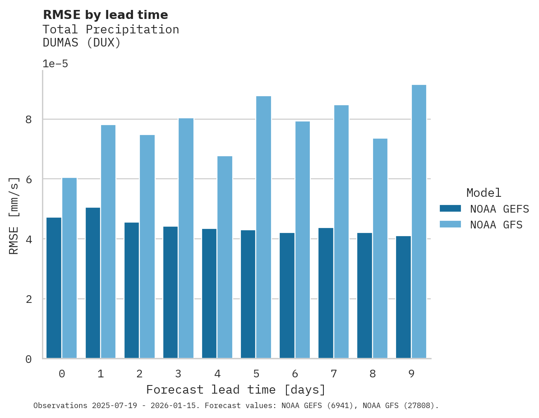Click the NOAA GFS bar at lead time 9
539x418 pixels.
click(x=419, y=221)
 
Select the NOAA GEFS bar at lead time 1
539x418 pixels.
click(x=92, y=283)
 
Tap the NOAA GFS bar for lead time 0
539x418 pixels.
click(x=69, y=268)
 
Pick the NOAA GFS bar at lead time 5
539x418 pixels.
click(x=263, y=227)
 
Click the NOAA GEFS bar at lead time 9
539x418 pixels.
click(x=403, y=297)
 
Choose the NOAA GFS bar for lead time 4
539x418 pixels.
click(x=225, y=257)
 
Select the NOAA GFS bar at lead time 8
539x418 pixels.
click(x=380, y=248)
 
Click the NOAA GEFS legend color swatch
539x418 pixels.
click(x=450, y=208)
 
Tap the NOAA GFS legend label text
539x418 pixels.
click(x=496, y=225)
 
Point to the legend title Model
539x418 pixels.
click(x=484, y=193)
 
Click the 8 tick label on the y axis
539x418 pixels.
click(x=28, y=120)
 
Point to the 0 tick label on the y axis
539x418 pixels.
click(x=28, y=359)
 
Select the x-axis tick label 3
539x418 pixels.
click(x=178, y=374)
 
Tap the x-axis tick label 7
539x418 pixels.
click(x=333, y=374)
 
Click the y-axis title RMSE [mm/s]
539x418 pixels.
click(x=14, y=215)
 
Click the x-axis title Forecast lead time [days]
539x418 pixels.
click(x=235, y=390)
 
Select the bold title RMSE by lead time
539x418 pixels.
click(x=105, y=15)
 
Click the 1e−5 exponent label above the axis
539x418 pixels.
click(x=55, y=64)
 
